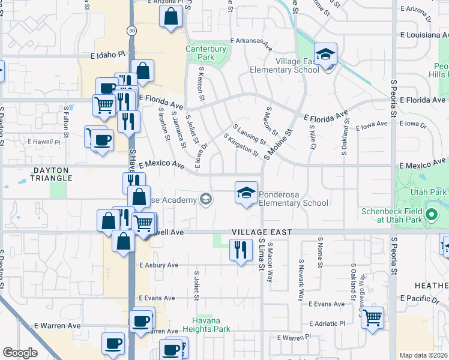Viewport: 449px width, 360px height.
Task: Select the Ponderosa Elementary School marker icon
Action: [x=246, y=193]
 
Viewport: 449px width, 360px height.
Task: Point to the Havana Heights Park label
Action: [x=206, y=325]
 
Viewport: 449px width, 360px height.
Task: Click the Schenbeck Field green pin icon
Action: [x=430, y=214]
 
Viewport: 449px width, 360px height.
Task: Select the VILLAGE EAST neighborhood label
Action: [x=263, y=232]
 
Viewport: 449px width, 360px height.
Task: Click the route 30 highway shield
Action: [x=131, y=31]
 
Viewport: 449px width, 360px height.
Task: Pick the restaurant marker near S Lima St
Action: [x=241, y=250]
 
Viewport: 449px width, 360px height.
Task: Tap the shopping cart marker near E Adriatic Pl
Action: [x=373, y=316]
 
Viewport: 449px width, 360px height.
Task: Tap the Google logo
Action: [x=20, y=353]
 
